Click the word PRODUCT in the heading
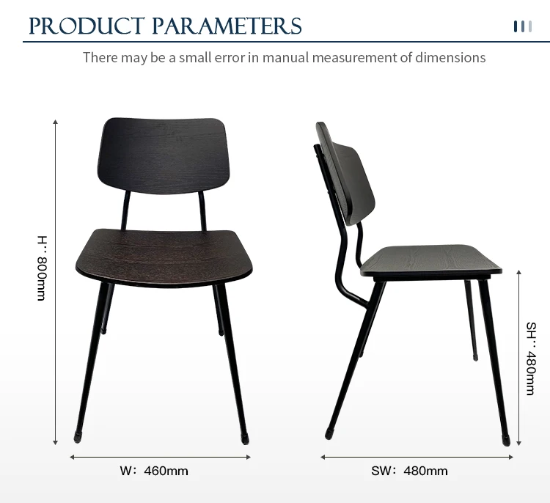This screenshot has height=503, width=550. (x=87, y=26)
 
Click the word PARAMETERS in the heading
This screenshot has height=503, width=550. (x=227, y=26)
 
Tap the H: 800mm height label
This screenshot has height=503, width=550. (x=42, y=268)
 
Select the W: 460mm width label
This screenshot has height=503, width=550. (x=154, y=471)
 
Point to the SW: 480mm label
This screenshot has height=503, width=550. (x=409, y=471)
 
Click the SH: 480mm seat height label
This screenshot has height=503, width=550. (x=531, y=359)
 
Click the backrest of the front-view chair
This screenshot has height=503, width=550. (x=164, y=155)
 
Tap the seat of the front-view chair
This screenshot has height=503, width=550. (x=164, y=258)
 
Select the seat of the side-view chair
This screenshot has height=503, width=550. (x=431, y=260)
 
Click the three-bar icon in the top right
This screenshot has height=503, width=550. (x=523, y=26)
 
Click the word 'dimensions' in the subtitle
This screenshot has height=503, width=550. (x=450, y=57)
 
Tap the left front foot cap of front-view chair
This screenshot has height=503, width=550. (x=77, y=438)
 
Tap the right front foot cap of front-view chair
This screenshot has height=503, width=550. (x=245, y=439)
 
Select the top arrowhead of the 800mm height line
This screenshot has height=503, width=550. (x=55, y=122)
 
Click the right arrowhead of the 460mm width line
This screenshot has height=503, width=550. (x=249, y=457)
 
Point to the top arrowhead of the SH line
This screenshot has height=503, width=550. (x=518, y=272)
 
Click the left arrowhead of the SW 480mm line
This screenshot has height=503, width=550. (x=323, y=457)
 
